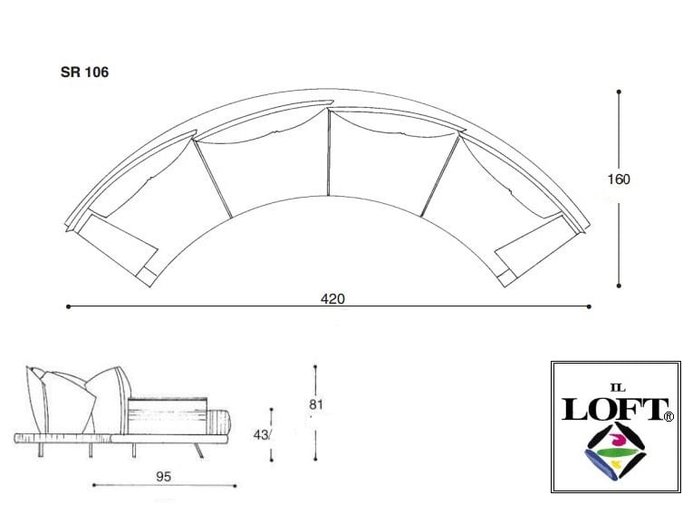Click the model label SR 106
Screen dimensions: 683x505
click(84, 72)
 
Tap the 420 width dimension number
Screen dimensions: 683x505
click(332, 298)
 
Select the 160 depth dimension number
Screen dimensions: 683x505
click(619, 180)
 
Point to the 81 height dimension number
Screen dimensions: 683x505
click(316, 404)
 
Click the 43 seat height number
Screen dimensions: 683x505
click(261, 435)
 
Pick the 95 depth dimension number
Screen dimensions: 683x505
click(164, 477)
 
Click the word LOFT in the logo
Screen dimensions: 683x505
click(614, 409)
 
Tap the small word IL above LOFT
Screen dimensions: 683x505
click(618, 388)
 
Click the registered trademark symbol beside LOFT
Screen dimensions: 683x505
click(669, 417)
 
